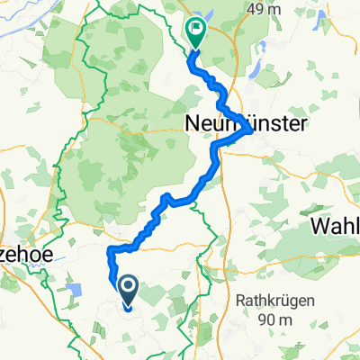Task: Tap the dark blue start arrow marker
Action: pos(126,291)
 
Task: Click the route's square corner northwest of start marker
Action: pos(110,249)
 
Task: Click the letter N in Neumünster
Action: pos(193,121)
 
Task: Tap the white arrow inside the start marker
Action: pos(126,287)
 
